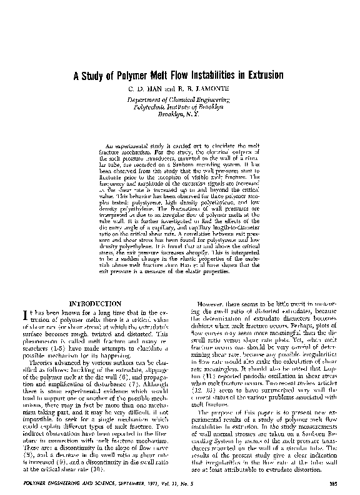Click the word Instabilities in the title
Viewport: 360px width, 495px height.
coord(204,76)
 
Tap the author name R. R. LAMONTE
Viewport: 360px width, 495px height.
coord(199,90)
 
